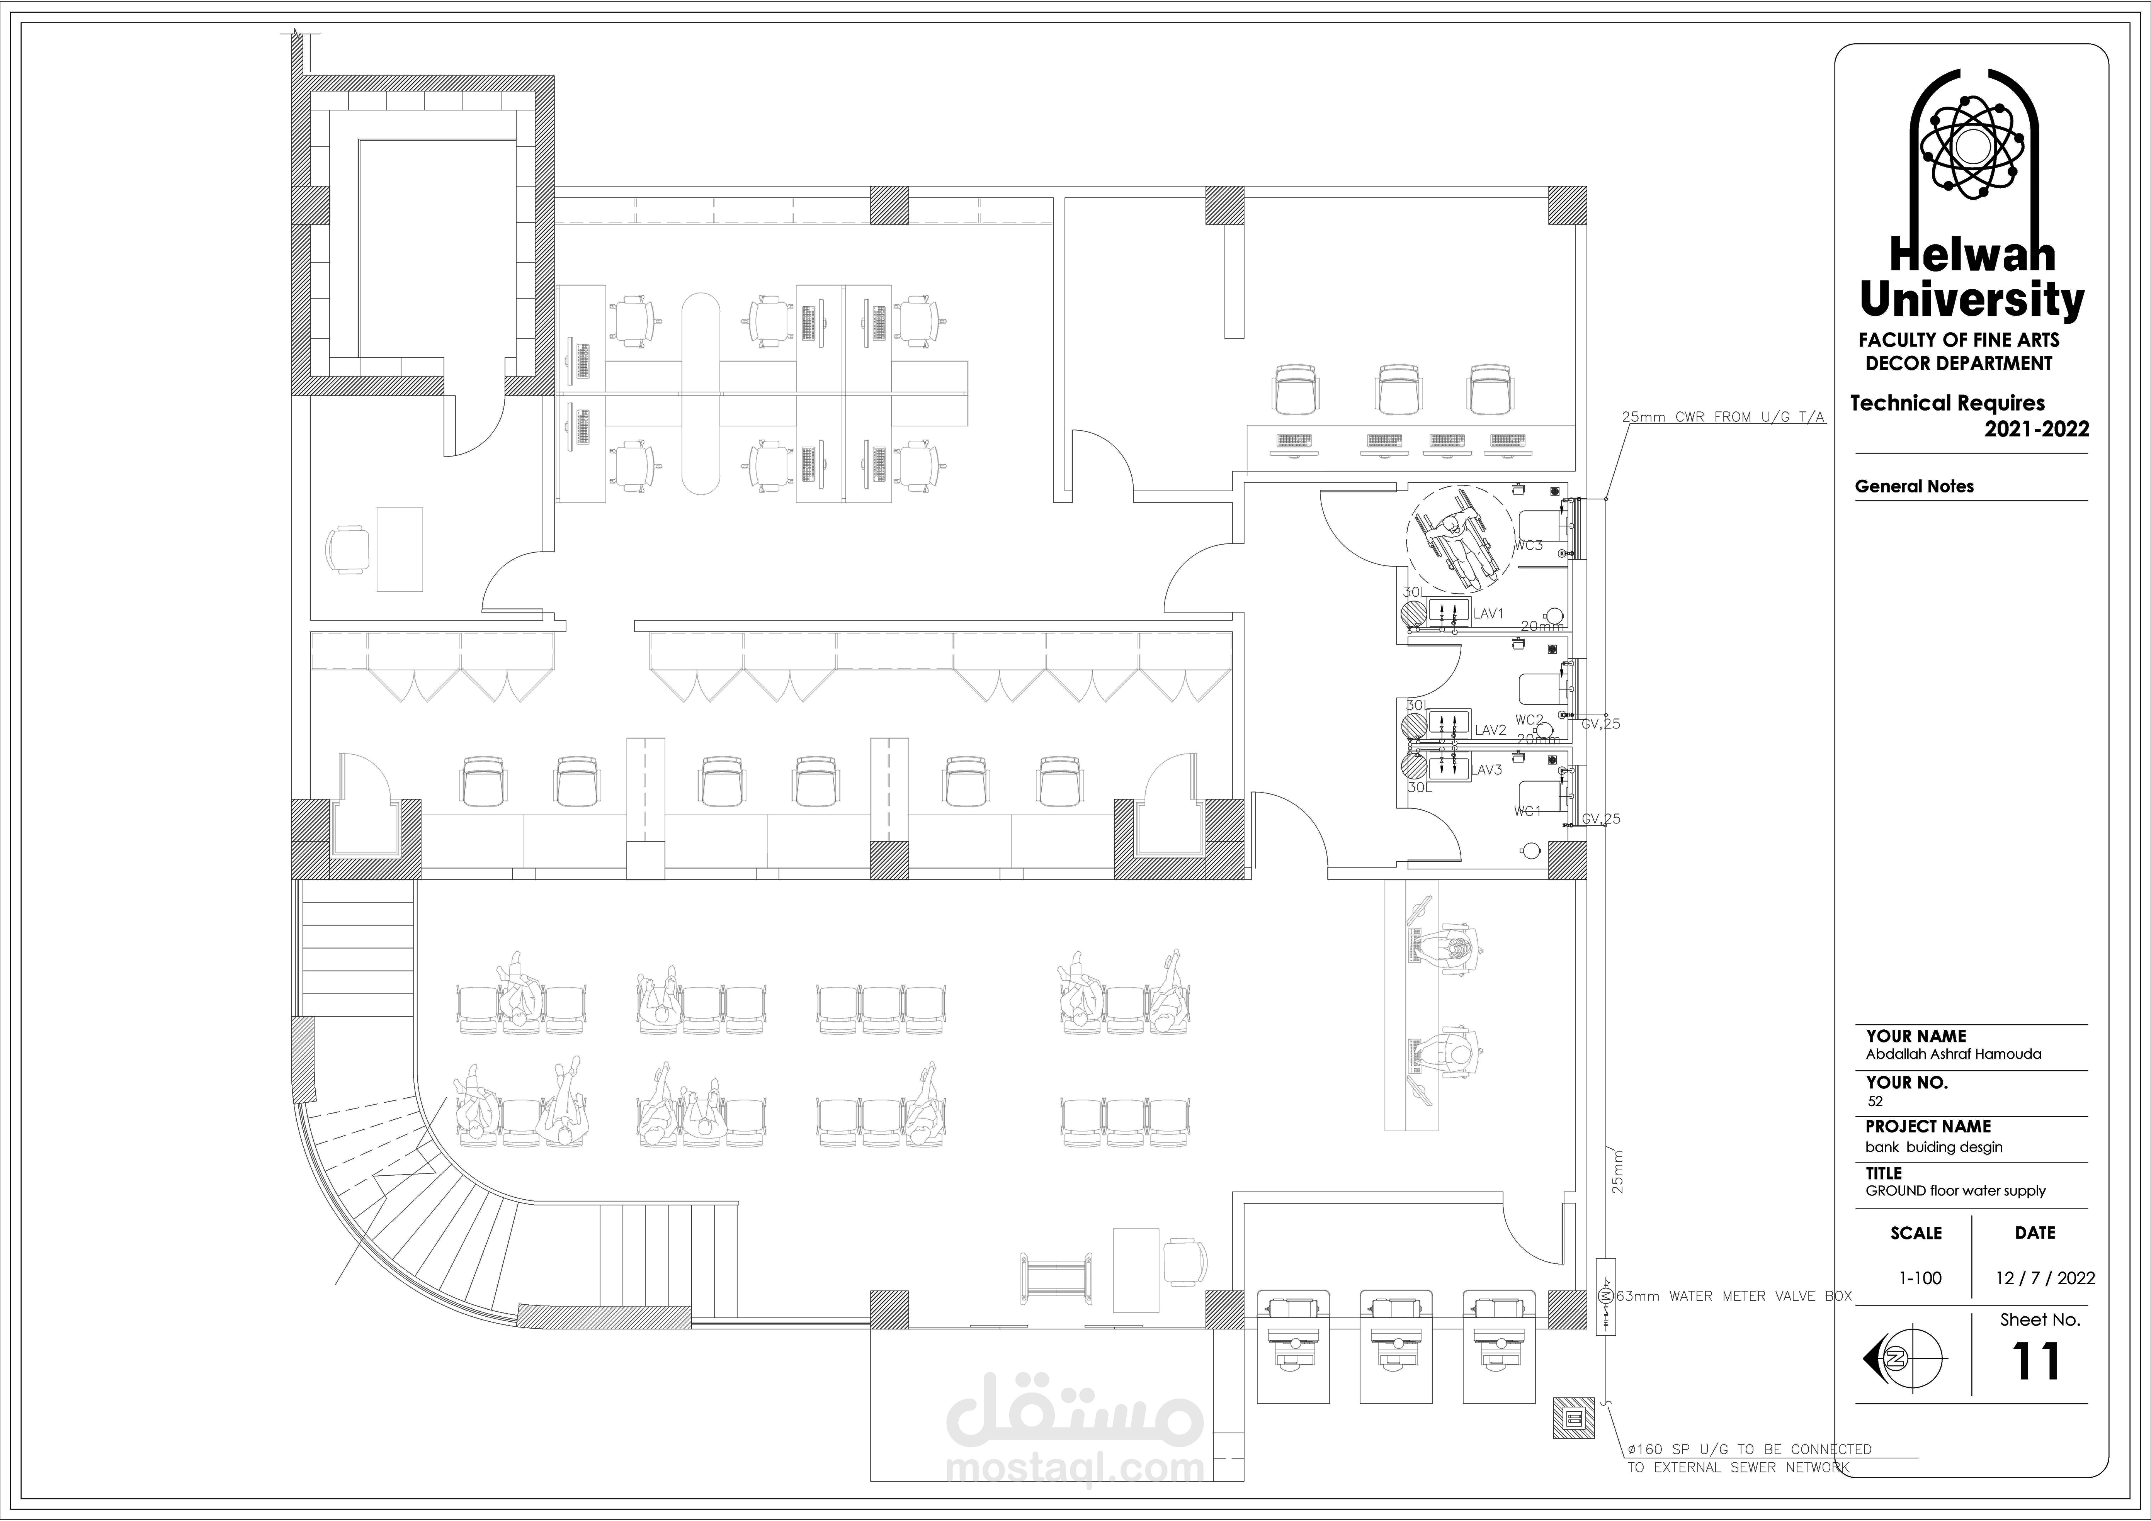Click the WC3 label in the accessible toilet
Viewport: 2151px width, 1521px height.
click(x=1528, y=545)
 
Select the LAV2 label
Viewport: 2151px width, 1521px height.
click(x=1491, y=730)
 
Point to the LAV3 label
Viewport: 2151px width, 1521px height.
click(x=1487, y=770)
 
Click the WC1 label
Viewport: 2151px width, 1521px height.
click(x=1527, y=811)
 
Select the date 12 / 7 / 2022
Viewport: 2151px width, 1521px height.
click(x=2045, y=1278)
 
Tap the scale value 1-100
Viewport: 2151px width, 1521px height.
click(x=1920, y=1278)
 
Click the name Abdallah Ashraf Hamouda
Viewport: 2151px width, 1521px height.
click(x=1953, y=1054)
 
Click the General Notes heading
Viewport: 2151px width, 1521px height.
click(x=1914, y=486)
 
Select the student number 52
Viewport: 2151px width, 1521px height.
click(x=1875, y=1102)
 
